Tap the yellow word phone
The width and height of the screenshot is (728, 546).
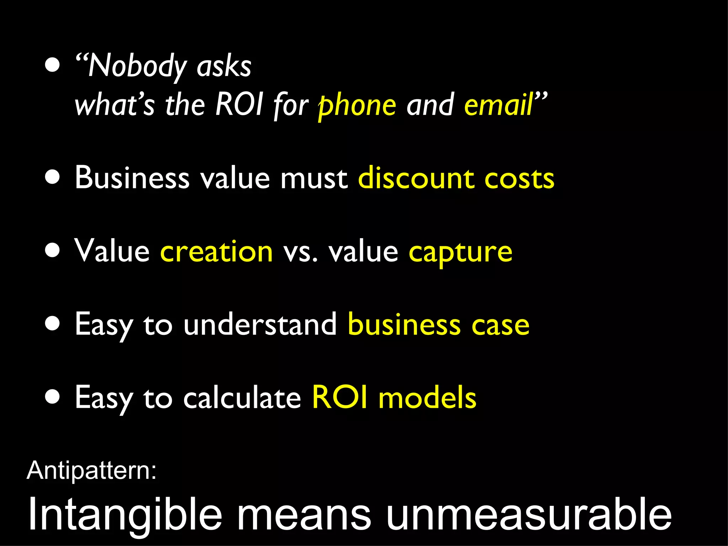357,106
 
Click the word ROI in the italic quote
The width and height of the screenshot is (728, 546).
239,105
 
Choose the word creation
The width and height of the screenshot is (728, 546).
216,251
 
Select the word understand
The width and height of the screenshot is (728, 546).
260,324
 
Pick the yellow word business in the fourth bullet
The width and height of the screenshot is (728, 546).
404,324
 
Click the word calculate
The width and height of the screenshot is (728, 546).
242,397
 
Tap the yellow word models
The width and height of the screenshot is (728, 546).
427,398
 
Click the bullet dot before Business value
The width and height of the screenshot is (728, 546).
53,177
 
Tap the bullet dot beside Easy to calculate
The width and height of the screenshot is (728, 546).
53,397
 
